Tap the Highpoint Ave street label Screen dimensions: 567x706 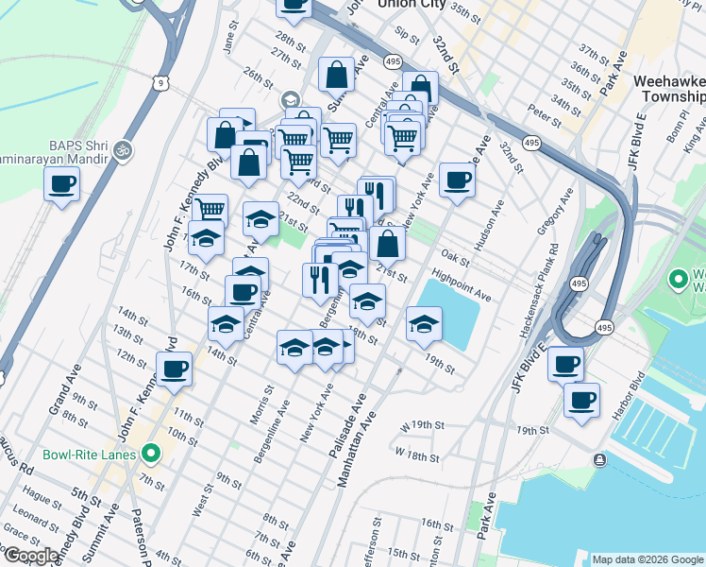click(462, 289)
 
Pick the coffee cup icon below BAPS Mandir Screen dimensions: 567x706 click(62, 183)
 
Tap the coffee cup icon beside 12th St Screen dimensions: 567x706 click(175, 369)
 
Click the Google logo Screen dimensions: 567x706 click(31, 556)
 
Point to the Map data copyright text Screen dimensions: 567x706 click(647, 559)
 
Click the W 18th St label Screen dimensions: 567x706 click(421, 456)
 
